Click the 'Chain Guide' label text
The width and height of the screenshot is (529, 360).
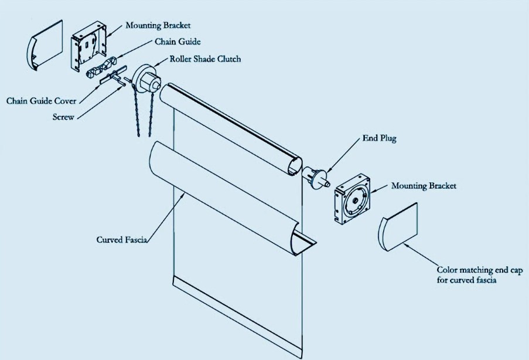tap(178, 42)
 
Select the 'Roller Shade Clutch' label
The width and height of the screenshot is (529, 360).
tap(205, 59)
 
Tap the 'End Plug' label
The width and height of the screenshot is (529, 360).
tap(379, 138)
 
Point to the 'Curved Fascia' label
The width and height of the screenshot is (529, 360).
tap(122, 239)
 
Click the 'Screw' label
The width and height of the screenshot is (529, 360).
tap(63, 117)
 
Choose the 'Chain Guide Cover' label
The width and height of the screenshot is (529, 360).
tap(41, 101)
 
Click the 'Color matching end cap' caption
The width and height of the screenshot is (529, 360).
tap(480, 270)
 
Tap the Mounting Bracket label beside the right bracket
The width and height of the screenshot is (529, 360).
tap(424, 186)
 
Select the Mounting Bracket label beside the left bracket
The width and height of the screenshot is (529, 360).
tap(158, 25)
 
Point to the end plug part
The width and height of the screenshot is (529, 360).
tap(316, 178)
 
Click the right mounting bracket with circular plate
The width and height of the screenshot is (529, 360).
tap(352, 199)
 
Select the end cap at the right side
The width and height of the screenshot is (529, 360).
tap(397, 227)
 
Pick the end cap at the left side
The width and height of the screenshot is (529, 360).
tap(44, 45)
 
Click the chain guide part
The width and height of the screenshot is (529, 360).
tap(101, 67)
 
